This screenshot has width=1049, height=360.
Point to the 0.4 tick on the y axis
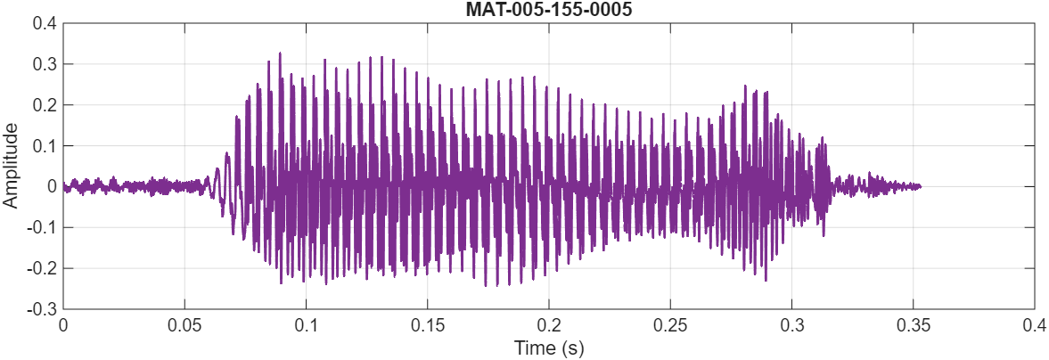tap(45, 24)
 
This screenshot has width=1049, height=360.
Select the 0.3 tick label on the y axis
tap(45, 65)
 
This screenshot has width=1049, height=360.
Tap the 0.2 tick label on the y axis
tap(45, 105)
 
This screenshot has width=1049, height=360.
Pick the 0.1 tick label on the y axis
tap(45, 146)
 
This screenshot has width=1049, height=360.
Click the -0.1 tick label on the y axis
tap(43, 227)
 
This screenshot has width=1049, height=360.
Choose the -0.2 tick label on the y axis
tap(43, 268)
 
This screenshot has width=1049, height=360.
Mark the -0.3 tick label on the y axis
tap(43, 308)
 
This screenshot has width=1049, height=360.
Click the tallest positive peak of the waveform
tap(280, 53)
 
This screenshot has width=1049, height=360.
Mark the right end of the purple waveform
tap(920, 186)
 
